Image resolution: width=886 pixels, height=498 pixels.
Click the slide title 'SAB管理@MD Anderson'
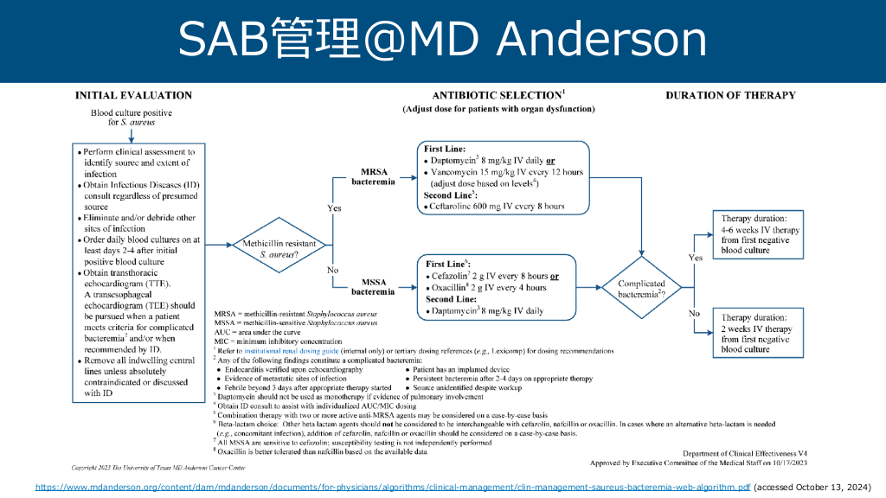click(442, 40)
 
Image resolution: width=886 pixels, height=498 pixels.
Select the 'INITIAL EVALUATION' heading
click(134, 95)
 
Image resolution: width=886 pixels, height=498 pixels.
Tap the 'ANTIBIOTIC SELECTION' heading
click(498, 95)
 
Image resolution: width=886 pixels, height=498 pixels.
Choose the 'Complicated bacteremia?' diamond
click(642, 289)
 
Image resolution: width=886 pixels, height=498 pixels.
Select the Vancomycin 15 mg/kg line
click(506, 172)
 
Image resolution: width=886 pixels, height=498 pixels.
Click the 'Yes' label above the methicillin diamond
click(334, 208)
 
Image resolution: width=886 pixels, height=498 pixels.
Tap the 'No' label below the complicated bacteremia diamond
click(694, 313)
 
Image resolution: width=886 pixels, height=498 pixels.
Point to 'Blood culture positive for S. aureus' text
click(132, 118)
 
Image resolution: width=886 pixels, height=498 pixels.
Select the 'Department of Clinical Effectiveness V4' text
click(743, 454)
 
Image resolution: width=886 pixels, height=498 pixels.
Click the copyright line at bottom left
click(141, 467)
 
